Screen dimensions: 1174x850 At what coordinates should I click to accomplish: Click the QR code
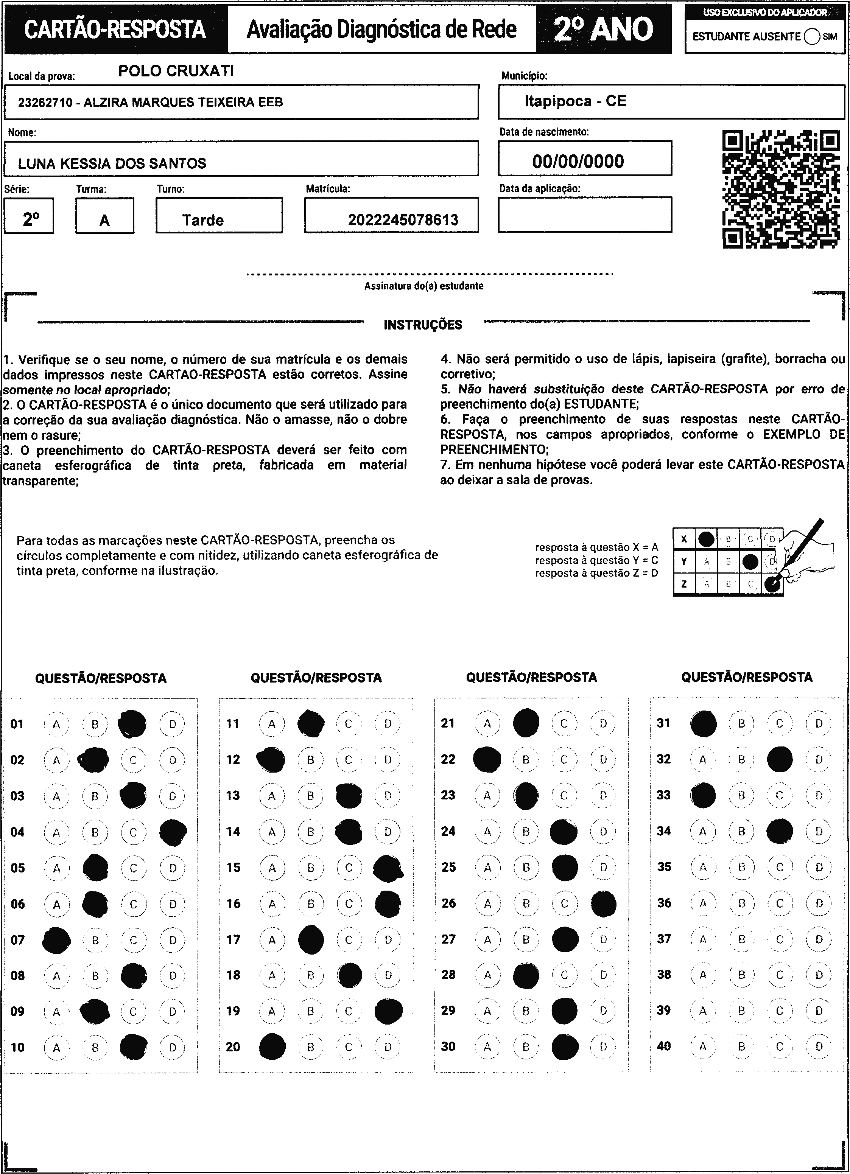click(781, 190)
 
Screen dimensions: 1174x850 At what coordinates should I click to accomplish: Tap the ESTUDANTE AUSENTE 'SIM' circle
click(812, 37)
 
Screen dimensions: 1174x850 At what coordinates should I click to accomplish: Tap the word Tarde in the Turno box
click(203, 220)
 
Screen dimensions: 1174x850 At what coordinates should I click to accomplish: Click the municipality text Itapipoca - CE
click(575, 101)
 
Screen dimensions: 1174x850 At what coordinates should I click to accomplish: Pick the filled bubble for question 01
click(132, 724)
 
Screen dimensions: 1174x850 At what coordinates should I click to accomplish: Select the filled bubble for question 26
click(603, 903)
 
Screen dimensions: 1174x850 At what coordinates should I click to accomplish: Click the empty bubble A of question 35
click(703, 867)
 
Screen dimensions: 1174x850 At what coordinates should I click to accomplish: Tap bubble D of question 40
click(819, 1046)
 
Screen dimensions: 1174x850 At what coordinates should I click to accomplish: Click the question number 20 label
click(233, 1046)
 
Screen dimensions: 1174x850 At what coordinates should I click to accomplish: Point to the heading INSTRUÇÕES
click(423, 325)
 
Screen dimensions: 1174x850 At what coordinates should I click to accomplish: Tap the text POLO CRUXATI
click(176, 71)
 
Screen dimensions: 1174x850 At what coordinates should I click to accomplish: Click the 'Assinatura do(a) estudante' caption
click(423, 286)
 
